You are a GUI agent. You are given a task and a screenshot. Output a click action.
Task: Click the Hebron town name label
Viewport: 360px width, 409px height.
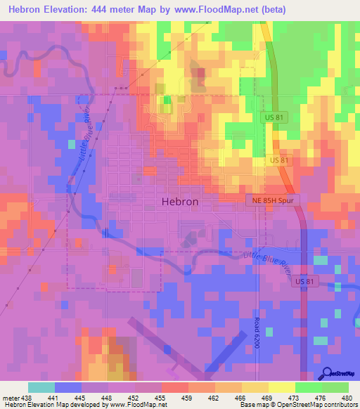[x=180, y=200]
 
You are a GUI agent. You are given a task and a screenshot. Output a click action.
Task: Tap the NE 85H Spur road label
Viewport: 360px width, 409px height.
[x=274, y=200]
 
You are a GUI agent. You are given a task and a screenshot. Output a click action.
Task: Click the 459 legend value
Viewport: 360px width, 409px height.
[x=172, y=397]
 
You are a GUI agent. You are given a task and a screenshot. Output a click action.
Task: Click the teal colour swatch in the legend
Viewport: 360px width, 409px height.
[x=41, y=387]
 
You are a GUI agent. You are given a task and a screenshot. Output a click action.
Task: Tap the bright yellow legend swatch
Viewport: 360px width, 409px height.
[x=282, y=387]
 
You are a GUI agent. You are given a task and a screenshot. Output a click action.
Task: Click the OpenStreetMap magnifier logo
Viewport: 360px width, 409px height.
[x=327, y=372]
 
